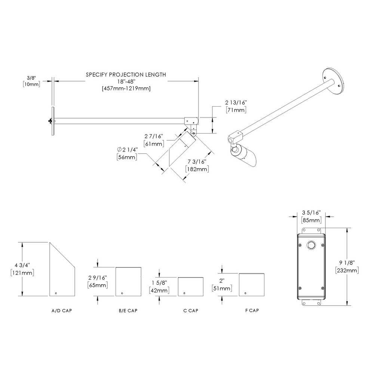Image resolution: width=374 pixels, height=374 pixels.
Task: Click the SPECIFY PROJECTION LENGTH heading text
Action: [126, 75]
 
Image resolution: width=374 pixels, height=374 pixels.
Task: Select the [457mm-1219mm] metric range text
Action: [126, 88]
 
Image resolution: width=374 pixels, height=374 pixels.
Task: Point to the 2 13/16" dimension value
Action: [236, 102]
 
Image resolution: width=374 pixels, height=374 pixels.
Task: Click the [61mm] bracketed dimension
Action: [153, 144]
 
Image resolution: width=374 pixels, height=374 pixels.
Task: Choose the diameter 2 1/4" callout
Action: [127, 150]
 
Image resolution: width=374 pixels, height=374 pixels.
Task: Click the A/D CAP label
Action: [62, 311]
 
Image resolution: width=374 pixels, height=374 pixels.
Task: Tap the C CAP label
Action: [190, 311]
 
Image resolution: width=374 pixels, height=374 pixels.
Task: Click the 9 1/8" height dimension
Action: [348, 263]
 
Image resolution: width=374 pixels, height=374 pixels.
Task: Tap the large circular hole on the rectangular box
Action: [311, 245]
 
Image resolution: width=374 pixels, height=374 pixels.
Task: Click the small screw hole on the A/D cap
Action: [56, 293]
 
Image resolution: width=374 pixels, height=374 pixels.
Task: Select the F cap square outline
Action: [252, 284]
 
